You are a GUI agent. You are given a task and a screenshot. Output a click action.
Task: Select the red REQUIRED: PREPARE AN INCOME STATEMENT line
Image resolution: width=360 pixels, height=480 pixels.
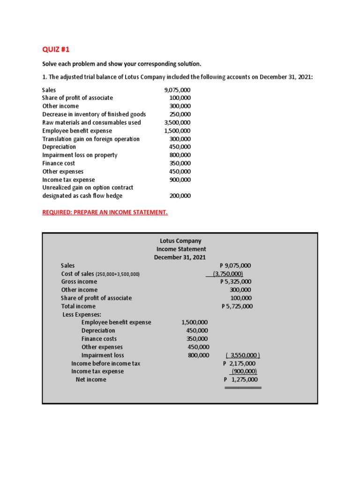pyautogui.click(x=105, y=212)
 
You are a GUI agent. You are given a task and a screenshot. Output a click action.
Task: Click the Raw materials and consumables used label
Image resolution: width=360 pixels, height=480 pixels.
pyautogui.click(x=91, y=122)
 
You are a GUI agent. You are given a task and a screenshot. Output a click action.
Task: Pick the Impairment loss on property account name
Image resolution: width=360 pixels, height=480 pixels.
pyautogui.click(x=80, y=155)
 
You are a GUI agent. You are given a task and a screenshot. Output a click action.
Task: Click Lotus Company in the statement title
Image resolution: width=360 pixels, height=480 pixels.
pyautogui.click(x=180, y=241)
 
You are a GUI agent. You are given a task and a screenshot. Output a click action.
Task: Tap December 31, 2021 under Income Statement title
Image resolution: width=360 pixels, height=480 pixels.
pyautogui.click(x=180, y=257)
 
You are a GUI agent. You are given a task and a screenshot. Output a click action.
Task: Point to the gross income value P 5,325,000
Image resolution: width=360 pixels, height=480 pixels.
pyautogui.click(x=236, y=282)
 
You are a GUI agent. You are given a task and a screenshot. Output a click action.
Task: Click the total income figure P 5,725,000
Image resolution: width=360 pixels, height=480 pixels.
pyautogui.click(x=237, y=306)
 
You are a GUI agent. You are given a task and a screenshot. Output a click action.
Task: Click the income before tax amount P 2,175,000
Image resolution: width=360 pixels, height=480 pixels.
pyautogui.click(x=240, y=363)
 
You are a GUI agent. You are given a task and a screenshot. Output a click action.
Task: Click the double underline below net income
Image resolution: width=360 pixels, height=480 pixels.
pyautogui.click(x=243, y=388)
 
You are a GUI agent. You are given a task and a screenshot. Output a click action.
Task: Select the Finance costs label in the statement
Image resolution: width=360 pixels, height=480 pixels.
pyautogui.click(x=99, y=339)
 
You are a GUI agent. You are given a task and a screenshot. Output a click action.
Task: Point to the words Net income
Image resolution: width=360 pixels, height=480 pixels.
pyautogui.click(x=91, y=380)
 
